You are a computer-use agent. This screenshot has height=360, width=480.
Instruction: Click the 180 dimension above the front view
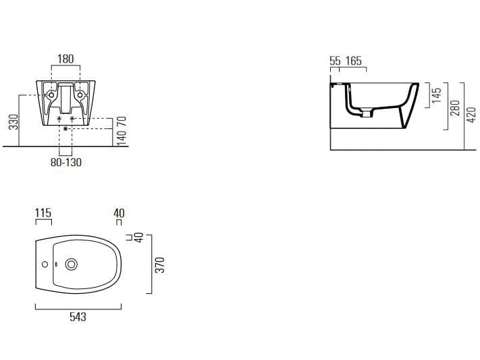point(65,59)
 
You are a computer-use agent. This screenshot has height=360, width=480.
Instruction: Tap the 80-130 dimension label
point(66,162)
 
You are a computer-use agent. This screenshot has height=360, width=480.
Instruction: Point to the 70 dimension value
point(122,123)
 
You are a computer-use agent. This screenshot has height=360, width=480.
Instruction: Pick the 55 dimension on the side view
point(335,61)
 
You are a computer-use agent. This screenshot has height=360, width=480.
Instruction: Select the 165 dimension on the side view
point(354,61)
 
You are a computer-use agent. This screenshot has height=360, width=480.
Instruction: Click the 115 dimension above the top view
point(43,213)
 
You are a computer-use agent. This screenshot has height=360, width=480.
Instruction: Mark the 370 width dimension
point(160,264)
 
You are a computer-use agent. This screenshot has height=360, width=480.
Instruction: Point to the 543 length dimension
point(78,316)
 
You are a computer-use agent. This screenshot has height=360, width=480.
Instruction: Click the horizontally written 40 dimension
point(119,213)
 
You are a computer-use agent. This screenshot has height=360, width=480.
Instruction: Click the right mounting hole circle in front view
point(81,95)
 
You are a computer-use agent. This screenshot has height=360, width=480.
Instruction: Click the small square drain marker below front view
point(65,128)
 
